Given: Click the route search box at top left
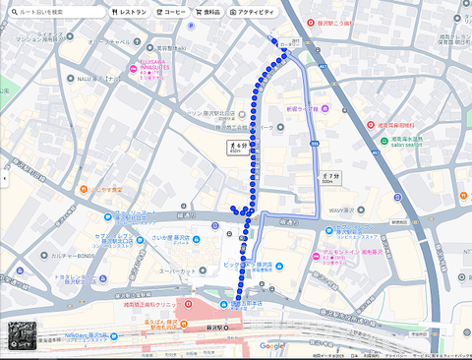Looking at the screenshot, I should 54,12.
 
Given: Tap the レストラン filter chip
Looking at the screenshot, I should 129,12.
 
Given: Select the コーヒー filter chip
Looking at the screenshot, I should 171,12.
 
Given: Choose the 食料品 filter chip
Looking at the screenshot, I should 207,12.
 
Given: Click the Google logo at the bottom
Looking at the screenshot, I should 271,345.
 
